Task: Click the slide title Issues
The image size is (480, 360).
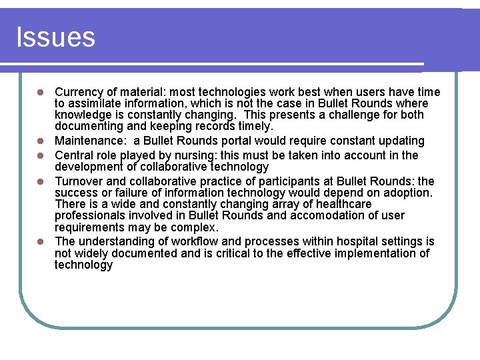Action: point(55,37)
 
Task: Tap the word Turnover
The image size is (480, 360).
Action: point(79,181)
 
